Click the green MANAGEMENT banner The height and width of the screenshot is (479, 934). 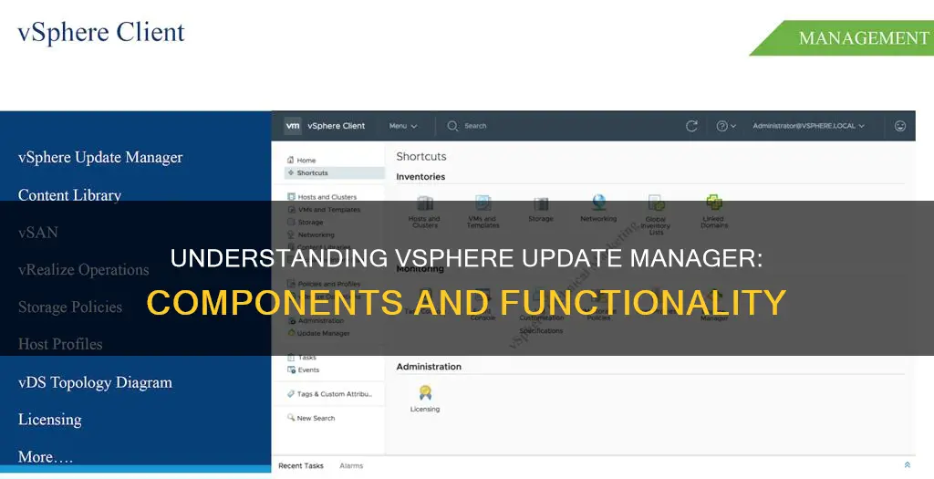pos(857,38)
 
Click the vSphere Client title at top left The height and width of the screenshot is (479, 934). pos(101,33)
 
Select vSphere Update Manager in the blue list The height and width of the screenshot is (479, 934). pos(100,157)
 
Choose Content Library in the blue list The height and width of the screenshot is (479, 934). pos(69,194)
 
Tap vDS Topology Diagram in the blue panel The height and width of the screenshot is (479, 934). pos(95,382)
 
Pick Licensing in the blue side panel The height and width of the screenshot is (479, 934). pos(50,420)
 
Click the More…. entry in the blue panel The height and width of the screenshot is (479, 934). pos(46,457)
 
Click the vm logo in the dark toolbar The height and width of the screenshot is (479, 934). pos(292,126)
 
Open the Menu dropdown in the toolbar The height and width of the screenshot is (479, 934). pos(403,126)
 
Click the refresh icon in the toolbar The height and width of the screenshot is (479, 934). pos(691,126)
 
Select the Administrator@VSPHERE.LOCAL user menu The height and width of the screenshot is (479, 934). pos(808,126)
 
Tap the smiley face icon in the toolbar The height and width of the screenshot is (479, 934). pos(900,126)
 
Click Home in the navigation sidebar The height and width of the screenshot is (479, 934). pos(306,161)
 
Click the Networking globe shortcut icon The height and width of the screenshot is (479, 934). pos(598,203)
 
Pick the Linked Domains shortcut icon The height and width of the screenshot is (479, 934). pos(714,203)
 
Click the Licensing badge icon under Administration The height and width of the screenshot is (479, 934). pos(425,392)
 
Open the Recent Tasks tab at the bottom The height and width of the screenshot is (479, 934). pos(301,466)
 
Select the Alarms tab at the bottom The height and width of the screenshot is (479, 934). pos(352,466)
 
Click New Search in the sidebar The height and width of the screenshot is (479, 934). pos(316,418)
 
